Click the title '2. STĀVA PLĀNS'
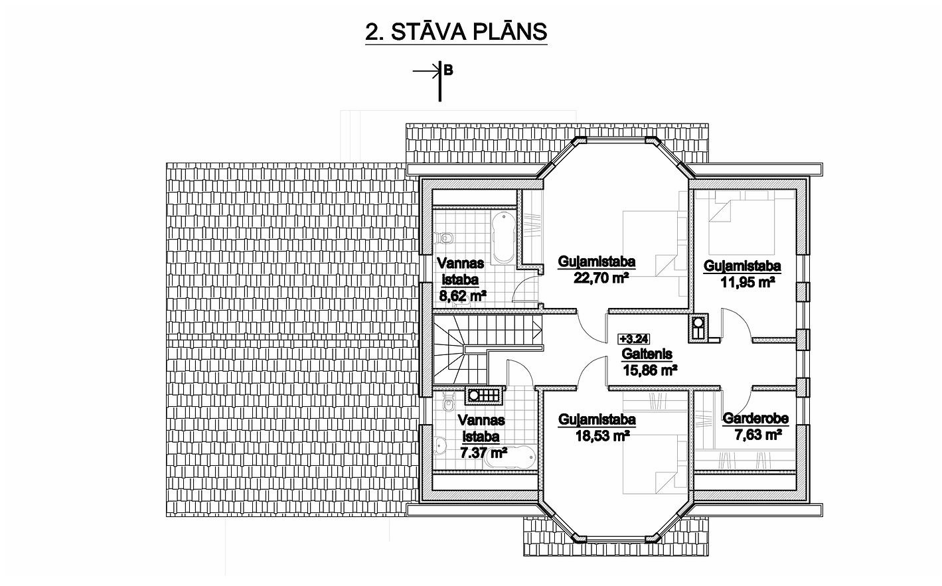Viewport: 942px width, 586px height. (x=456, y=33)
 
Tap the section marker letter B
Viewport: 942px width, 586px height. (x=448, y=70)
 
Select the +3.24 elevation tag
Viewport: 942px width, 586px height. (x=634, y=339)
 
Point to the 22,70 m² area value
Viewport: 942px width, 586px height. (x=601, y=277)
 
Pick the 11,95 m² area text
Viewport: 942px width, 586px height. (x=748, y=282)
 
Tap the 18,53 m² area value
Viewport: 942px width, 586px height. (x=602, y=435)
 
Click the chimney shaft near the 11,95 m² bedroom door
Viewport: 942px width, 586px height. (x=698, y=327)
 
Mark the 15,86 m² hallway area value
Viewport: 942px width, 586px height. (x=649, y=370)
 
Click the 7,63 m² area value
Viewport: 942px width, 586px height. (x=758, y=435)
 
